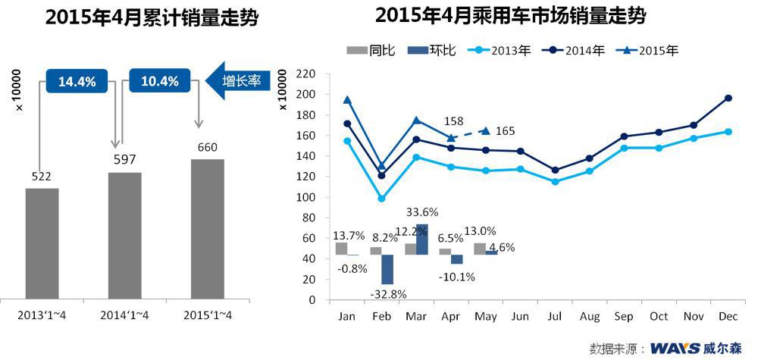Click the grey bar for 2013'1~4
pyautogui.click(x=42, y=243)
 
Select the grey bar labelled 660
pyautogui.click(x=207, y=229)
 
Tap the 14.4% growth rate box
pyautogui.click(x=77, y=80)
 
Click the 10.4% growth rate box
pyautogui.click(x=160, y=80)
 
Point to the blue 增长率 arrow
pyautogui.click(x=237, y=80)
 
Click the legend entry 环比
pyautogui.click(x=431, y=51)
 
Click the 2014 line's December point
pyautogui.click(x=728, y=98)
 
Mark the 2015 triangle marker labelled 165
pyautogui.click(x=485, y=130)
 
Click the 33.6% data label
pyautogui.click(x=422, y=212)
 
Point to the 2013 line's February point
pyautogui.click(x=381, y=199)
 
